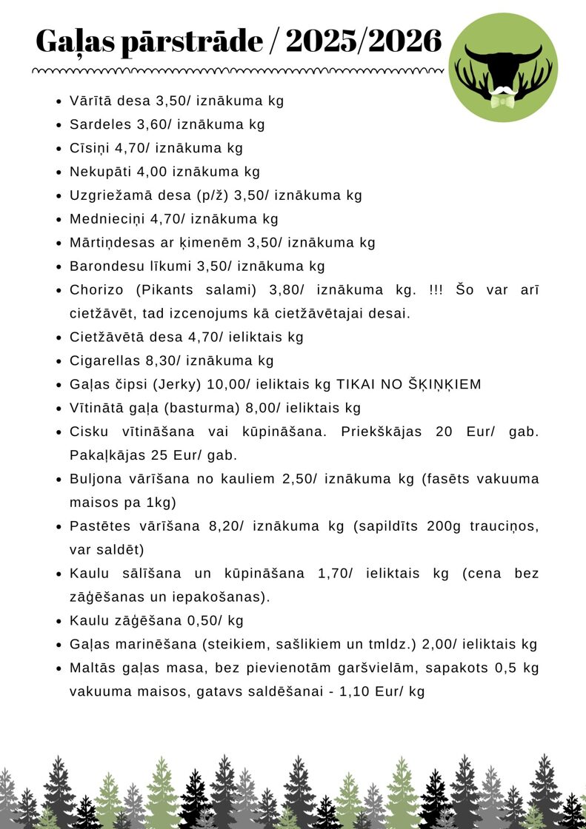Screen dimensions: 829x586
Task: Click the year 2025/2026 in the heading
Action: [x=363, y=41]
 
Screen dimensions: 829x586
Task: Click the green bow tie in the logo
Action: [x=503, y=101]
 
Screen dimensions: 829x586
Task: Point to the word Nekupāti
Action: [x=101, y=172]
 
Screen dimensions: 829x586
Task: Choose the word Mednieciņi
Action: [x=107, y=219]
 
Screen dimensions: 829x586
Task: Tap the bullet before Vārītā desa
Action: [x=59, y=101]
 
